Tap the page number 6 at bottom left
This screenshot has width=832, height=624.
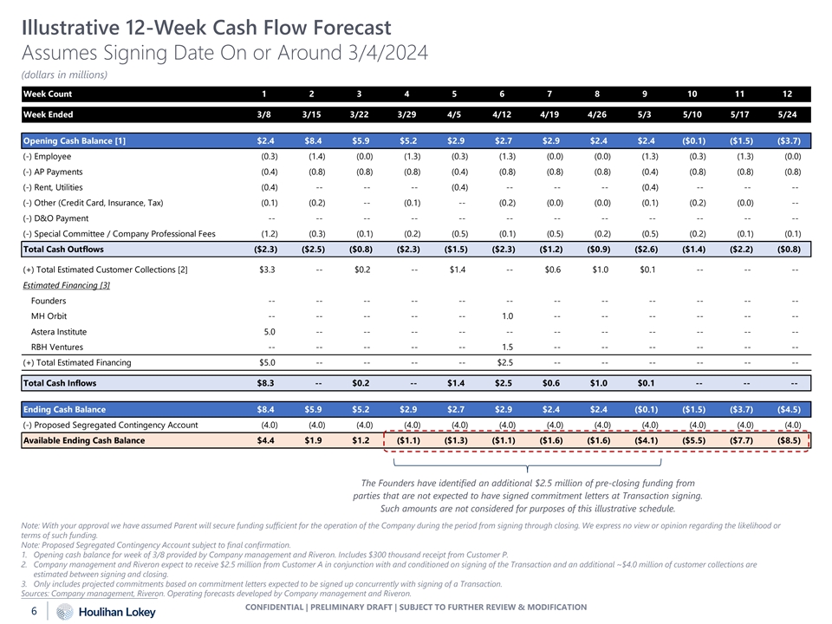pos(32,612)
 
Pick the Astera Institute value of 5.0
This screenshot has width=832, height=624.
pos(268,332)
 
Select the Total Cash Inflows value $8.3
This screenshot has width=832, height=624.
pos(267,383)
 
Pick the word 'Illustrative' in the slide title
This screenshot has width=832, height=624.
pos(71,28)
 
